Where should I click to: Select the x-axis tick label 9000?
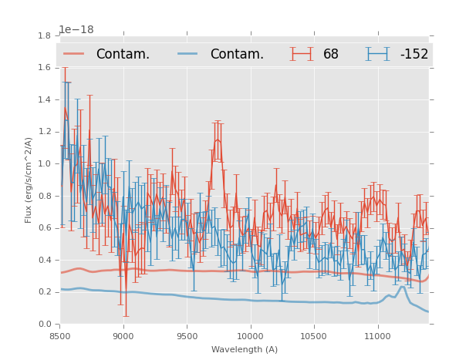coord(123,335)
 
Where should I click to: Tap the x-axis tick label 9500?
coord(187,335)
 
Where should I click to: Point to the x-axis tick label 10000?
coord(250,335)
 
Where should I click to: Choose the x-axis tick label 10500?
coord(314,335)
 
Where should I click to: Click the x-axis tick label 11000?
coord(377,335)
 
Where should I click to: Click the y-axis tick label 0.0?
coord(44,325)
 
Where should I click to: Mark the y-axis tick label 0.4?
coord(44,260)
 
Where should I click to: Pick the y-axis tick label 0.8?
coord(44,196)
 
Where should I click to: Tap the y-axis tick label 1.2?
coord(44,132)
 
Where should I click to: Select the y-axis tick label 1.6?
coord(44,68)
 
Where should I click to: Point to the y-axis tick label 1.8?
coord(44,35)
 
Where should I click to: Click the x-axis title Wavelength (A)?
coord(244,349)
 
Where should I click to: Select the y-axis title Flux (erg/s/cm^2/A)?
coord(29,180)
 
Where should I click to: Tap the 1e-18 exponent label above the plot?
coord(76,30)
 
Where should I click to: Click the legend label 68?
coord(331,55)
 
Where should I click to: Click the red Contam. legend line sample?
coord(74,54)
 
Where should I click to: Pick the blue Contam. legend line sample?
coord(188,54)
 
